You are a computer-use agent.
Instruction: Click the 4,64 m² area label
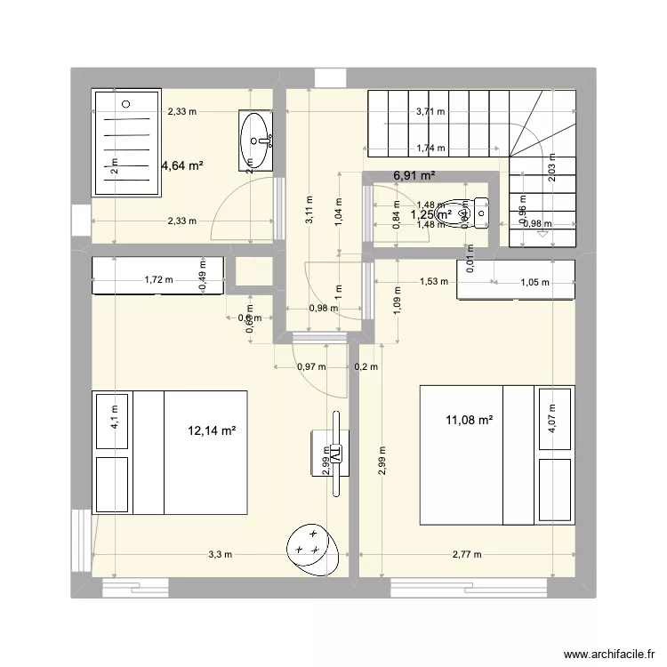[x=182, y=165]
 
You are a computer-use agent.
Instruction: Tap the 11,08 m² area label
[x=470, y=420]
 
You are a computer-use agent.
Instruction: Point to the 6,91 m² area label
[x=414, y=176]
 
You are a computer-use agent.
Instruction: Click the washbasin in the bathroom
[x=258, y=140]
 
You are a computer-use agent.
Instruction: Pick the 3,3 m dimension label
[x=220, y=554]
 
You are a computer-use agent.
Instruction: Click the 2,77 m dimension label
[x=465, y=554]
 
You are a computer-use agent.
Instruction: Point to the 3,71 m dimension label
[x=431, y=112]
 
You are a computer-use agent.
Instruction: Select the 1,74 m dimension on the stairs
[x=431, y=149]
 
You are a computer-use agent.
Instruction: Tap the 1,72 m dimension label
[x=157, y=280]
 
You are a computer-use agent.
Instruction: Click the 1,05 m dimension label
[x=534, y=283]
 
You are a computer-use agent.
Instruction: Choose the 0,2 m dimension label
[x=366, y=366]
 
